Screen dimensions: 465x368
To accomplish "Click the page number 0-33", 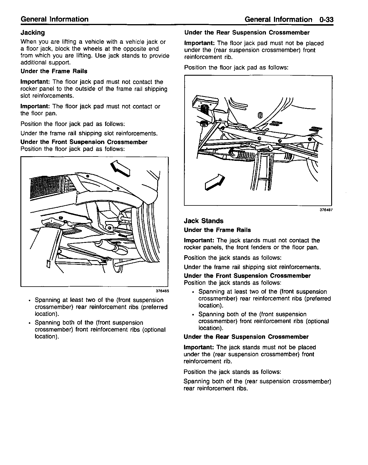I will (x=326, y=20).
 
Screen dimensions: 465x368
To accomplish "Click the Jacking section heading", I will (x=33, y=33).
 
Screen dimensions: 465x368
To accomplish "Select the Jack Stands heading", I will (x=204, y=221).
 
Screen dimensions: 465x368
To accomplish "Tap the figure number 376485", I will (x=162, y=291).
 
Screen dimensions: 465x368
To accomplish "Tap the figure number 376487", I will (x=326, y=210).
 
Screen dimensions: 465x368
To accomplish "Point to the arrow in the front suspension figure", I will (x=121, y=168).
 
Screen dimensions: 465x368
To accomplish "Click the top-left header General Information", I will (x=55, y=19).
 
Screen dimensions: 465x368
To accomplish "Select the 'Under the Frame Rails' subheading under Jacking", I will (x=54, y=71).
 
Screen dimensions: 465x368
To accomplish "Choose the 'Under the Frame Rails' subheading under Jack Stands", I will (x=217, y=230).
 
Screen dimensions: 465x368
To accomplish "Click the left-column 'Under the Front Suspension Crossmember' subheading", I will (x=84, y=142).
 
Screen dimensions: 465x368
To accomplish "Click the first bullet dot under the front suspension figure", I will (x=30, y=300).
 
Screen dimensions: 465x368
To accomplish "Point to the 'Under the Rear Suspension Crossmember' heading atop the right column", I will (x=247, y=33).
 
